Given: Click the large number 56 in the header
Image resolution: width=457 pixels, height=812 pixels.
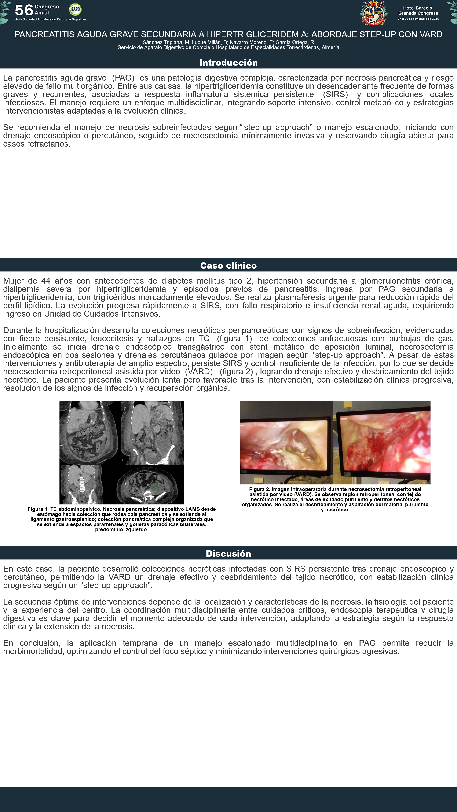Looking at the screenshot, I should coord(24,10).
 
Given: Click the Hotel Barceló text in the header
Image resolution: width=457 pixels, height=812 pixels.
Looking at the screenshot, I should coord(418,8).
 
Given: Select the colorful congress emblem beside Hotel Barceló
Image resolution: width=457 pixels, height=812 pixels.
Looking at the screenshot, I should coord(373,13).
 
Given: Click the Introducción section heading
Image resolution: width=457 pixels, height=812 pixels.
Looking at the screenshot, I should coord(228,62).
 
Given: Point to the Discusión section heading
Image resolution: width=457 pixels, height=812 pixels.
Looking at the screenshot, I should coord(228,554).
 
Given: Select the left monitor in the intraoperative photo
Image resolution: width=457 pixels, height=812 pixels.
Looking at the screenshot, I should coord(285,445).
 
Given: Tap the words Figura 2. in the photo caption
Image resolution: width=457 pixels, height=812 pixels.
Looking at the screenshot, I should coord(260,489).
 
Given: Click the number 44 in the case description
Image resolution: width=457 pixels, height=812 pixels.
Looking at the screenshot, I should coord(46,281).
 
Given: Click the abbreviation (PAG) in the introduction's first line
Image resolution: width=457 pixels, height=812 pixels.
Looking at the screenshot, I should coord(123,78).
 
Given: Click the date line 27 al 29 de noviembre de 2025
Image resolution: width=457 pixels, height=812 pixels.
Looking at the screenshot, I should coord(418,19).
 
